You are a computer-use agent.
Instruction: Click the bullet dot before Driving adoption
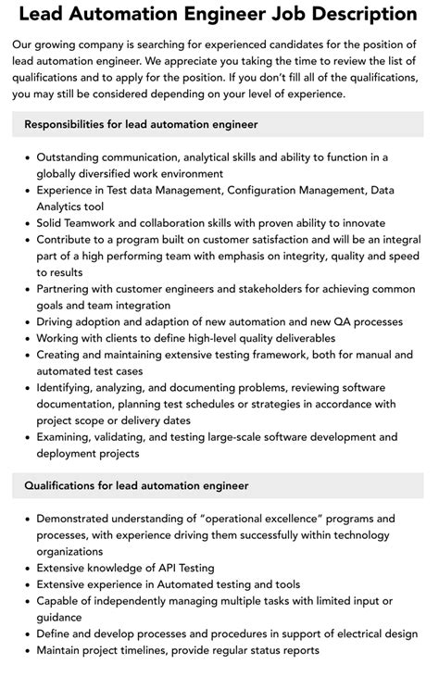(26, 321)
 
